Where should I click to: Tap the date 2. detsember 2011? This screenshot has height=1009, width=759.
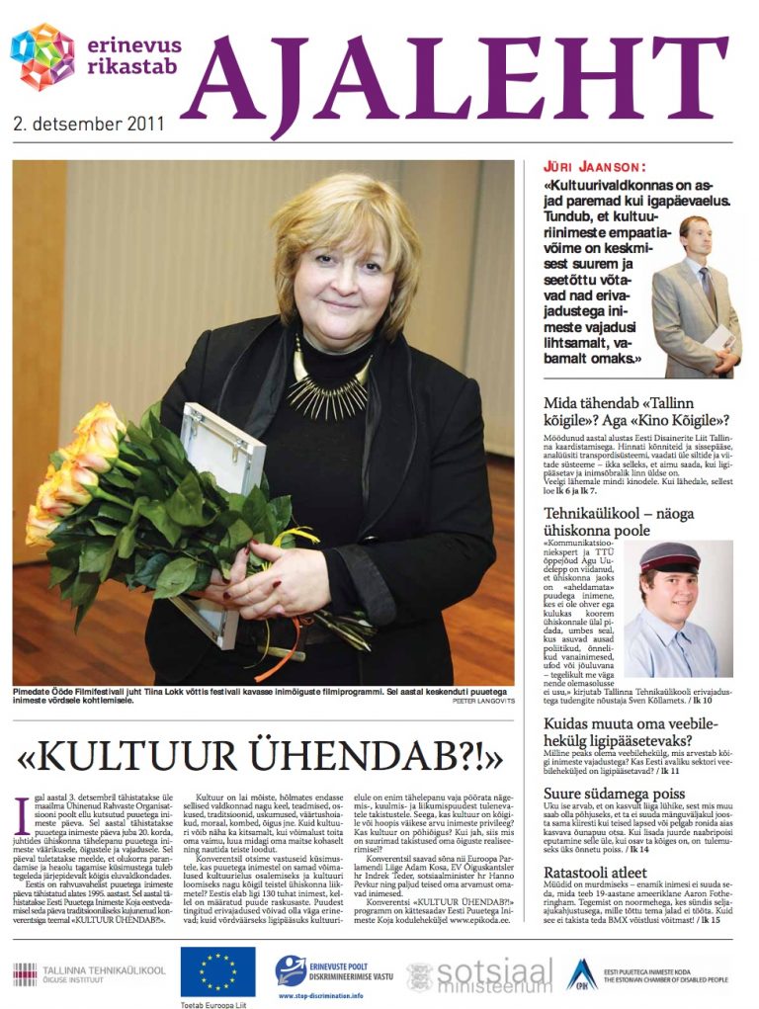coord(89,126)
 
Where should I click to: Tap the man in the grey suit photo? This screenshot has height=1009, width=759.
coord(696,296)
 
